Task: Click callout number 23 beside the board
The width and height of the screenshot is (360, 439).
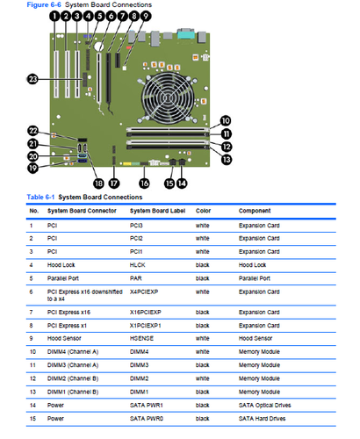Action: click(x=32, y=79)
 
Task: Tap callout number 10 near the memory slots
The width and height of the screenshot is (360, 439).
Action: click(x=226, y=120)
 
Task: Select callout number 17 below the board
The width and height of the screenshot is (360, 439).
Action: click(x=114, y=184)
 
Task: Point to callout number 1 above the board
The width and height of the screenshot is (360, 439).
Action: click(x=54, y=16)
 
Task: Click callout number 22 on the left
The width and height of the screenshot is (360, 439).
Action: click(x=33, y=131)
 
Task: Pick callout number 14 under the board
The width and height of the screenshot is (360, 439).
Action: click(x=182, y=184)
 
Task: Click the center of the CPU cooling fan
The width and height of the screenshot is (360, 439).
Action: click(x=168, y=98)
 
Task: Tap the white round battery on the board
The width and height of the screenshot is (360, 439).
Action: click(x=98, y=47)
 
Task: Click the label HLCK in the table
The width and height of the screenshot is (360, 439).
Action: click(x=137, y=265)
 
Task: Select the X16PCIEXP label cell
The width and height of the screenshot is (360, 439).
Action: click(x=146, y=313)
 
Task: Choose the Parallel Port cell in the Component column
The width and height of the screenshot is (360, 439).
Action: click(x=255, y=278)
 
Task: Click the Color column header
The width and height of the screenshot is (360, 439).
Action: click(x=203, y=211)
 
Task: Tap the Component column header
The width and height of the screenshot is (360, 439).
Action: click(x=255, y=211)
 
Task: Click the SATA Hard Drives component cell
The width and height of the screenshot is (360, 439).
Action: click(x=262, y=419)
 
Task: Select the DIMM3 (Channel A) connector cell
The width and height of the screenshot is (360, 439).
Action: click(x=73, y=365)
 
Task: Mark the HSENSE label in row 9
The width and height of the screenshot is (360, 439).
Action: click(x=141, y=338)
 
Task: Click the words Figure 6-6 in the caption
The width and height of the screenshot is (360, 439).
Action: click(x=44, y=4)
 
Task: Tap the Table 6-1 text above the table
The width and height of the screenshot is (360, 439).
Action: click(x=40, y=197)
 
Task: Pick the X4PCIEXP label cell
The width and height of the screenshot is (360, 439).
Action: click(x=144, y=291)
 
